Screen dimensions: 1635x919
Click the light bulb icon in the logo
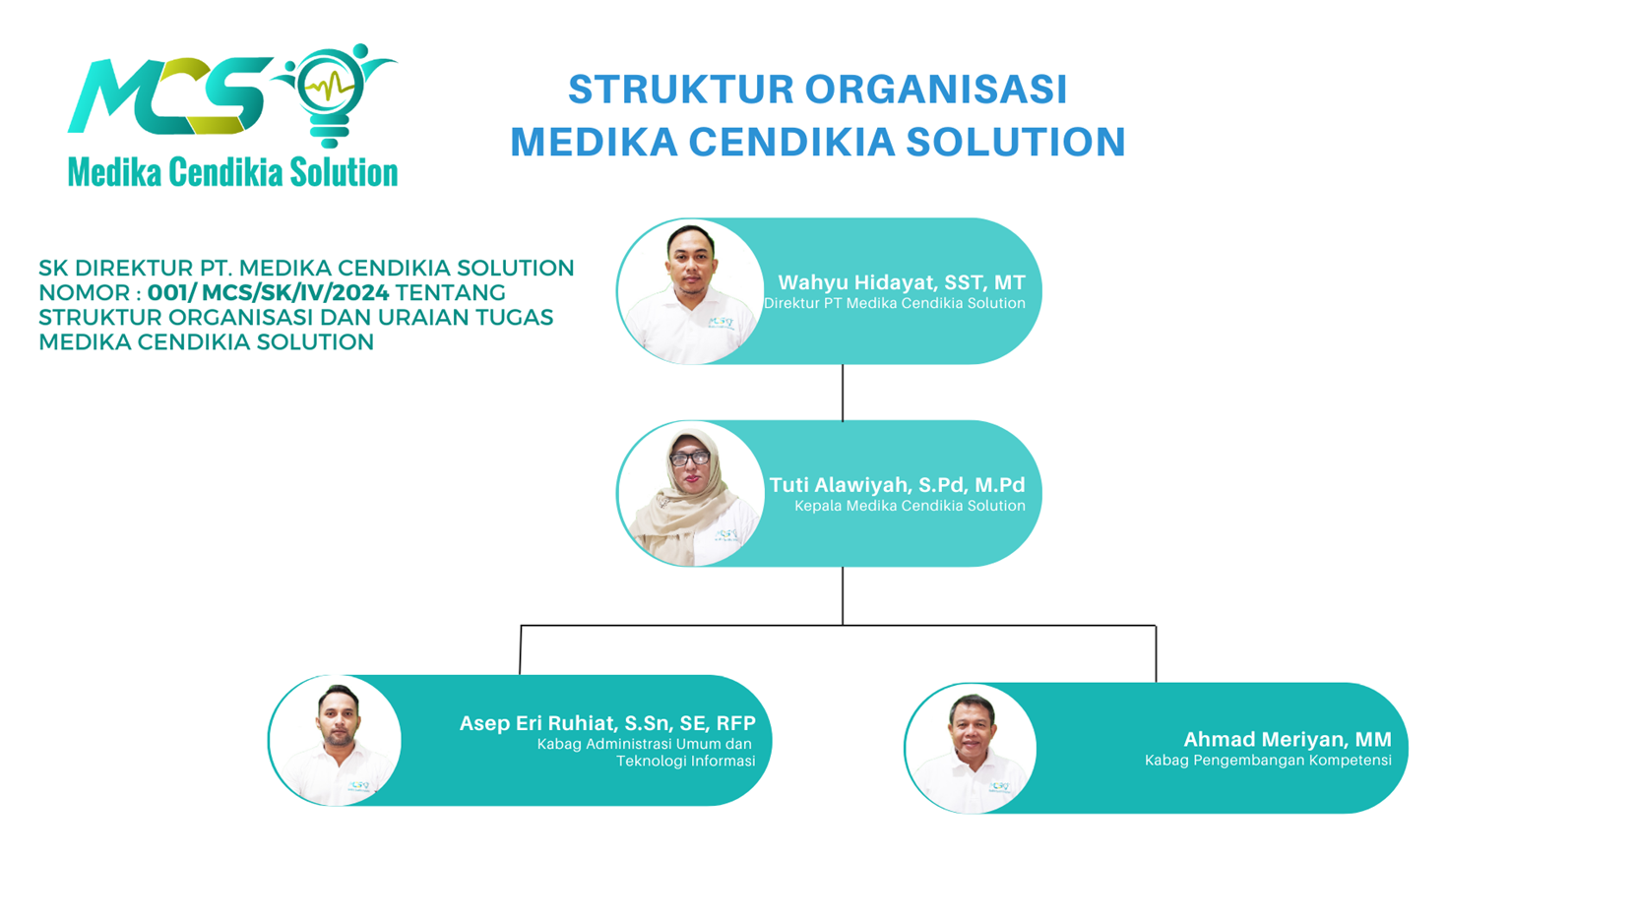coord(330,94)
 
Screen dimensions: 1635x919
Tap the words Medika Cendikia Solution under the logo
coord(233,173)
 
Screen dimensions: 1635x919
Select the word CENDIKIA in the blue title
coord(792,142)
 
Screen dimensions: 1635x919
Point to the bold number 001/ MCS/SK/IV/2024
coord(268,292)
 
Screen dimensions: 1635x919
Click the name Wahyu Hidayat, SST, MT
coord(902,282)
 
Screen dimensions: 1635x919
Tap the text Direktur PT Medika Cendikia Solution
coord(894,303)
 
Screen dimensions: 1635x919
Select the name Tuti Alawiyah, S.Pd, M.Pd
coord(897,485)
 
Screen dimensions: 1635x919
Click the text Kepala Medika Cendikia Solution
coord(910,506)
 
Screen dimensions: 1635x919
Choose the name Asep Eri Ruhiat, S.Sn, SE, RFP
coord(607,723)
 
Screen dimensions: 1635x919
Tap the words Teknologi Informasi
coord(685,762)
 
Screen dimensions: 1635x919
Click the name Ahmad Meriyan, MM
coord(1287,740)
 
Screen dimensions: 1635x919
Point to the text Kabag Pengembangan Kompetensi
coord(1268,761)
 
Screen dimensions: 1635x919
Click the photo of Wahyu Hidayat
coord(690,292)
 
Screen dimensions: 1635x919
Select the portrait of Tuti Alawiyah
coord(690,494)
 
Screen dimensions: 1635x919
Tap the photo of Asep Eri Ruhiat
coord(335,740)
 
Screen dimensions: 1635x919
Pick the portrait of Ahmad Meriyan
coord(970,749)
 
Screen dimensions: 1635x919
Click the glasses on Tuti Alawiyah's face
coord(690,459)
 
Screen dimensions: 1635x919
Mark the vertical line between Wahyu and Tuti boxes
coord(843,393)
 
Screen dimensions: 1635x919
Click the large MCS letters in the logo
coord(169,96)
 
